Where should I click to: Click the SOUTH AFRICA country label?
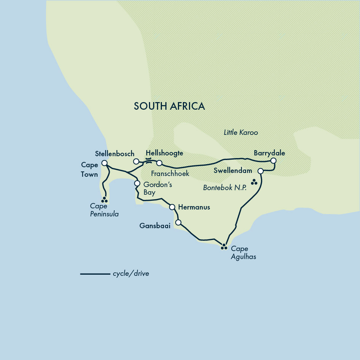169,106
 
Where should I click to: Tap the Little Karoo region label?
241,133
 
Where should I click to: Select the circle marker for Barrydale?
273,161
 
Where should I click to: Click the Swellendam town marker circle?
261,171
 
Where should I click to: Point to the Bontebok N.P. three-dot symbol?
254,182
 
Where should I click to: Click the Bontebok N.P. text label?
225,188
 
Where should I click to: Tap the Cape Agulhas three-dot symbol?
224,247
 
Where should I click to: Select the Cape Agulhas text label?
243,253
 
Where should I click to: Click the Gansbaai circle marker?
178,222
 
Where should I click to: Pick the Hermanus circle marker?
172,207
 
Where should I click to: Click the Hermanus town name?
194,207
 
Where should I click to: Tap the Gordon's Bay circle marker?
137,183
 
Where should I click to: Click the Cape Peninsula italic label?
104,210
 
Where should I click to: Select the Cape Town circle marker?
104,163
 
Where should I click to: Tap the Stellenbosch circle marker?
136,162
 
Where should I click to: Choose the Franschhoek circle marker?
159,163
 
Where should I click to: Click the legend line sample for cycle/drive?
95,274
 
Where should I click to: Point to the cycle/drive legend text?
131,274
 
